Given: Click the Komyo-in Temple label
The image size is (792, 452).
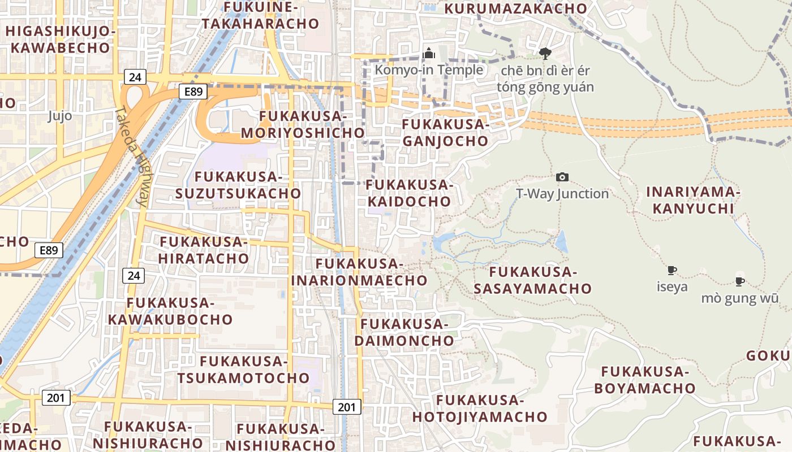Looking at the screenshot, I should coord(429,70).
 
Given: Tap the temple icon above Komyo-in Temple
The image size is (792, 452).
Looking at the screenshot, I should coord(429,54).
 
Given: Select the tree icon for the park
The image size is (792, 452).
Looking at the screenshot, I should coord(545,54).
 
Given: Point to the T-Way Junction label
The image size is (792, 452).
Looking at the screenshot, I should coord(562,194).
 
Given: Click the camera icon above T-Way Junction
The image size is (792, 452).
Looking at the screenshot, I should coord(562,177).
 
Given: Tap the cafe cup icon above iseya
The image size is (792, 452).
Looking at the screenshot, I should coord(672,270).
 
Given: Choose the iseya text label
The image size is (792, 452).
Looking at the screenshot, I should coord(672,286).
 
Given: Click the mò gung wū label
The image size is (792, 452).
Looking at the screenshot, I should coord(740,298).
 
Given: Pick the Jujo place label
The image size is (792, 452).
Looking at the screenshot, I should coord(60,116).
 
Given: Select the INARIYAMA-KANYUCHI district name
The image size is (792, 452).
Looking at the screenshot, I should coord(693,201).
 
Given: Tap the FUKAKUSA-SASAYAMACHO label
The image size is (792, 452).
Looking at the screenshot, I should coord(532,281).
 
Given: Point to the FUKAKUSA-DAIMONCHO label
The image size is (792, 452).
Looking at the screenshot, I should coord(404,332).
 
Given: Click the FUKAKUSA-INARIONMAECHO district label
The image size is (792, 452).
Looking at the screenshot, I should coord(359,272).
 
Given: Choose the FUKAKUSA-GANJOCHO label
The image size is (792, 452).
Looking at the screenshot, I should coord(445,133).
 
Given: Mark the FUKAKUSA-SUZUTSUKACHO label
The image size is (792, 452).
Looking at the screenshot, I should coord(238,185).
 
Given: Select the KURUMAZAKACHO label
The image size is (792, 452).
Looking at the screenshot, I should coord(516,8).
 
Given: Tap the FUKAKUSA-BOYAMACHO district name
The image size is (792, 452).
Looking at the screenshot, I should coord(644,380).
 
